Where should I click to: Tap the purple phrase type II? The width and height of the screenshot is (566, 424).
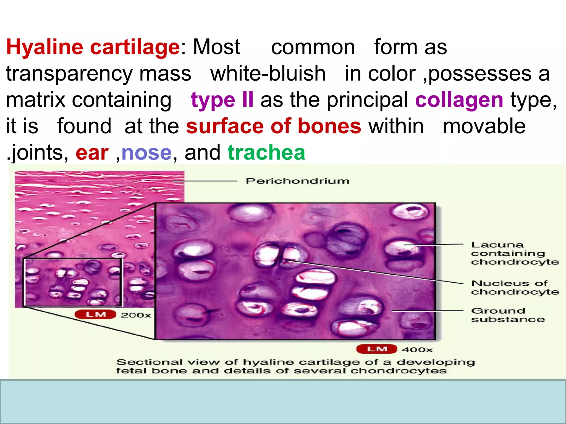click(222, 100)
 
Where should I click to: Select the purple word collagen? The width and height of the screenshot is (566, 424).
click(459, 100)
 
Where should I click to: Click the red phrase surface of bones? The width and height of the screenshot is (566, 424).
click(274, 126)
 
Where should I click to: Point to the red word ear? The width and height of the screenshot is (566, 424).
click(92, 153)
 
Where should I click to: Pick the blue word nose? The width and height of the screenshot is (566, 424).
click(146, 153)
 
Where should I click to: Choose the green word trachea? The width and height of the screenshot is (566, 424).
click(266, 153)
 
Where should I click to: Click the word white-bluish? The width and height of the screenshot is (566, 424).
click(268, 74)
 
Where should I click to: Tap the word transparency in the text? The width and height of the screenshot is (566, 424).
click(70, 74)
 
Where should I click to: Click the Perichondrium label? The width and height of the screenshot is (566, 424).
click(298, 181)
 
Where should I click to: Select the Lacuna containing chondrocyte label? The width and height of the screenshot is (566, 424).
click(515, 253)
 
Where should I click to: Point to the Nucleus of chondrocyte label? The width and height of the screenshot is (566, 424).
click(515, 287)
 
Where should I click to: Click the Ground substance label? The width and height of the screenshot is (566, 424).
click(507, 315)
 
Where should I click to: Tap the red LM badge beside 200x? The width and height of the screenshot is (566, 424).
click(95, 314)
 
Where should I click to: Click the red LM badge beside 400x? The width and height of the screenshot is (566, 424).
click(377, 349)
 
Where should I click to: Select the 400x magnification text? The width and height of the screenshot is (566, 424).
click(417, 350)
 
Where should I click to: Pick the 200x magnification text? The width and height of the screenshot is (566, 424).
click(136, 315)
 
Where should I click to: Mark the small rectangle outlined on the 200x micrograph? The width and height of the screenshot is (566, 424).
click(72, 282)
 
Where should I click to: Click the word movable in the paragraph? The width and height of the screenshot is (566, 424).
click(484, 126)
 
